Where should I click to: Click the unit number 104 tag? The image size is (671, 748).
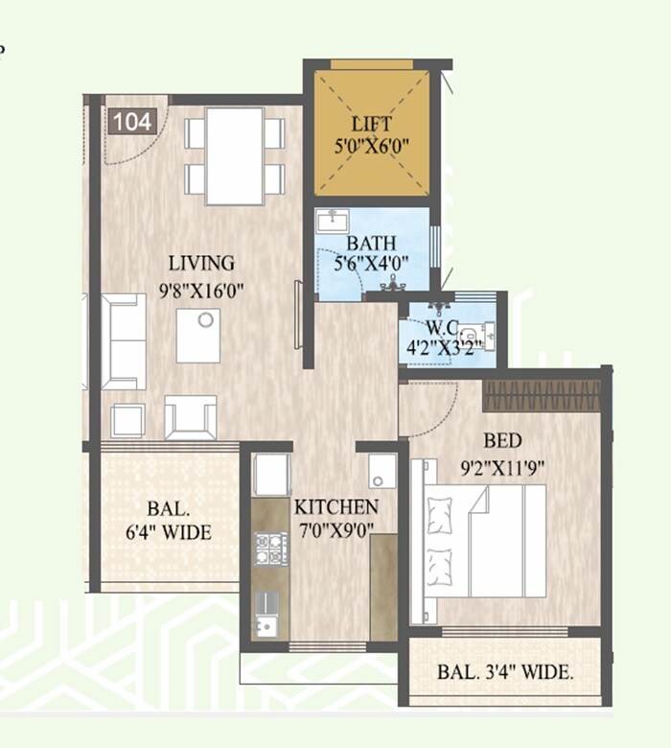tap(132, 122)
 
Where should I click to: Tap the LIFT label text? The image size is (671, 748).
tap(371, 124)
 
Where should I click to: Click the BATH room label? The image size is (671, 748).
tap(371, 244)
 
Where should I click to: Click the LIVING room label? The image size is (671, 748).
tap(201, 263)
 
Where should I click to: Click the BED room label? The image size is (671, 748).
tap(502, 441)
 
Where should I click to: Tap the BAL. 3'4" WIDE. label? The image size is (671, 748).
tap(505, 672)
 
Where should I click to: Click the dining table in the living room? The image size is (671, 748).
tap(235, 155)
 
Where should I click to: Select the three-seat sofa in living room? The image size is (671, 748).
tap(125, 341)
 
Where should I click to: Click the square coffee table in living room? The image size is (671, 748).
tap(198, 335)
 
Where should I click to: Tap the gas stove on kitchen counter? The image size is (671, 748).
tap(270, 549)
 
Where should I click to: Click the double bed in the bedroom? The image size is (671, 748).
tap(484, 541)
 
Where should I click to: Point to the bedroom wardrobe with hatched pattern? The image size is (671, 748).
tap(541, 395)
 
